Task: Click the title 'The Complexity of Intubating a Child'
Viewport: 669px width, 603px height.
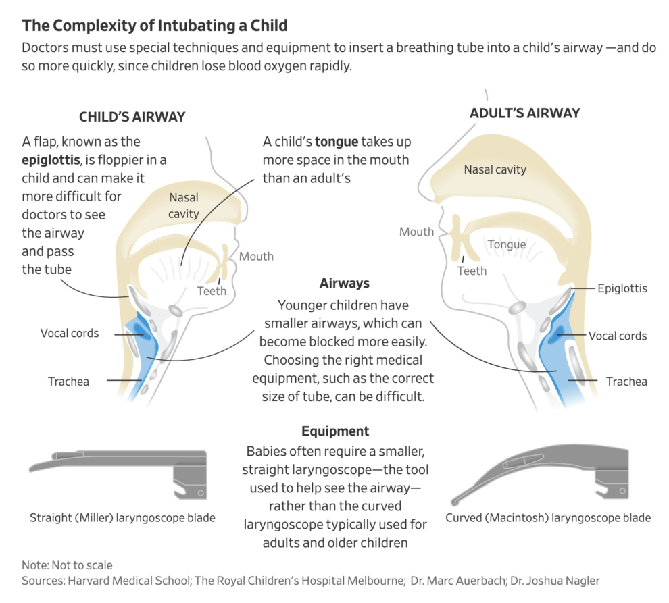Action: pyautogui.click(x=155, y=26)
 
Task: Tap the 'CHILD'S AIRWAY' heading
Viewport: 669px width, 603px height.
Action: pyautogui.click(x=132, y=117)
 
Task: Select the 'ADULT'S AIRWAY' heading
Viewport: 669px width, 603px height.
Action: pyautogui.click(x=524, y=113)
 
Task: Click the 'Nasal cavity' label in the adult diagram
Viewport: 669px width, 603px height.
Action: pyautogui.click(x=495, y=169)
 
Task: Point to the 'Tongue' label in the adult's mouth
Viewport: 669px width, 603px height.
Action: pyautogui.click(x=506, y=244)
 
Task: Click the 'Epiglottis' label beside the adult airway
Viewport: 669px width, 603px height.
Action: pyautogui.click(x=622, y=288)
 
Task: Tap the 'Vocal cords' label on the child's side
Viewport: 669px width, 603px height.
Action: pyautogui.click(x=70, y=333)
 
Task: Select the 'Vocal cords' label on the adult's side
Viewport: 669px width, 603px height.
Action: pyautogui.click(x=617, y=336)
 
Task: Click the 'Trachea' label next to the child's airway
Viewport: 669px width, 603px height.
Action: pyautogui.click(x=68, y=382)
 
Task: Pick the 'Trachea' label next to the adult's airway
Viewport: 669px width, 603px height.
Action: pyautogui.click(x=626, y=382)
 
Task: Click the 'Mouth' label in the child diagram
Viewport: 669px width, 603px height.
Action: pyautogui.click(x=256, y=256)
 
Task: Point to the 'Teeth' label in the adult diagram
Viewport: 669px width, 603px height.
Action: pyautogui.click(x=472, y=271)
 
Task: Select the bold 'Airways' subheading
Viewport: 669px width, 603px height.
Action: pyautogui.click(x=344, y=284)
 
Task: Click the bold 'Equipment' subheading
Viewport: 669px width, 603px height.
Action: pyautogui.click(x=335, y=431)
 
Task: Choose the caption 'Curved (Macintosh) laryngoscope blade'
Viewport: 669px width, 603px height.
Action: pyautogui.click(x=548, y=518)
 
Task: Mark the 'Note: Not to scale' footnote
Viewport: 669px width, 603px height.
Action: pyautogui.click(x=67, y=565)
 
